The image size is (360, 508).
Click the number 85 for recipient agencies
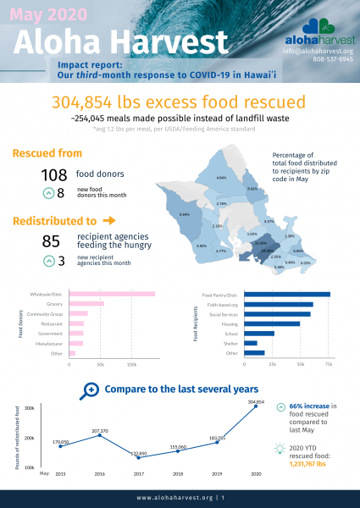pyautogui.click(x=52, y=240)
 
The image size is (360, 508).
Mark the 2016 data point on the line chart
pyautogui.click(x=99, y=433)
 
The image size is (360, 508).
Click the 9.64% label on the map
pyautogui.click(x=185, y=215)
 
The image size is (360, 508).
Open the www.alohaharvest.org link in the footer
pyautogui.click(x=174, y=499)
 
